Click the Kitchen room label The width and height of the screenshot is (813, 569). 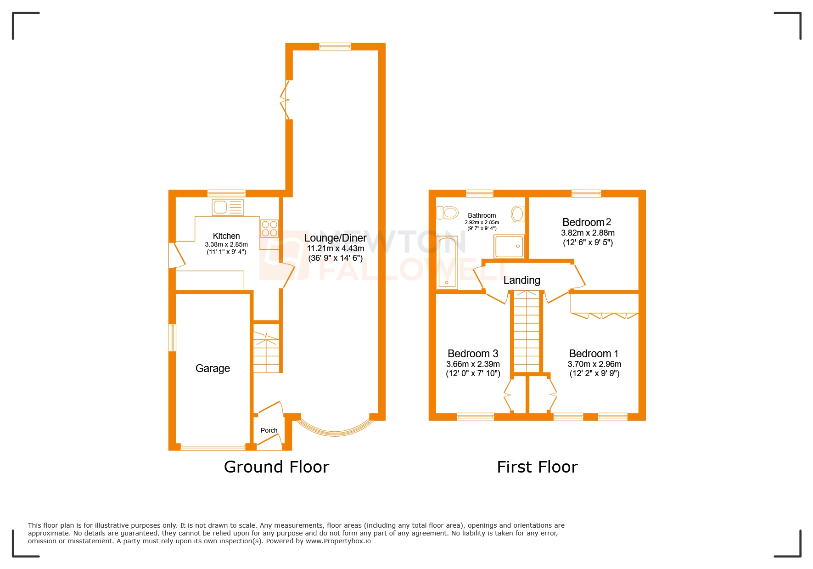pyautogui.click(x=226, y=236)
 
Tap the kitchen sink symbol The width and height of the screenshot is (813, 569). pyautogui.click(x=227, y=208)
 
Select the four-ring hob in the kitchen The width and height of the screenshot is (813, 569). pyautogui.click(x=269, y=228)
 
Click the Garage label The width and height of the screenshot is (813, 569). pyautogui.click(x=213, y=368)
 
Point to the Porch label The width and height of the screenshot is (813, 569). pyautogui.click(x=269, y=430)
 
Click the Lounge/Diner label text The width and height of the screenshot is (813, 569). pyautogui.click(x=335, y=238)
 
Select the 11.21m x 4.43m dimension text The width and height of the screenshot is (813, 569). pyautogui.click(x=336, y=248)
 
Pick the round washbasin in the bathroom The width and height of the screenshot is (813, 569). pyautogui.click(x=518, y=214)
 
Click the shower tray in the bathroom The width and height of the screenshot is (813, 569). pyautogui.click(x=509, y=247)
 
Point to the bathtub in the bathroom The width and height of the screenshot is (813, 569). pyautogui.click(x=447, y=263)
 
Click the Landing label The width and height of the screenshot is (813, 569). pyautogui.click(x=521, y=280)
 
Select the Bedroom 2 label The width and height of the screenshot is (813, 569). pyautogui.click(x=587, y=222)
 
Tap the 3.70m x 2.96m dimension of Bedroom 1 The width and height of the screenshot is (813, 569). pyautogui.click(x=594, y=364)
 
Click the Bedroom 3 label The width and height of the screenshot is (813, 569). pyautogui.click(x=473, y=354)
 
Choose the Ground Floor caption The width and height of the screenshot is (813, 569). pyautogui.click(x=276, y=467)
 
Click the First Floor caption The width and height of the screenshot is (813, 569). pyautogui.click(x=537, y=467)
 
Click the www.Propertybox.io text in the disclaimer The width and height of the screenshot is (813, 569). pyautogui.click(x=338, y=541)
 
